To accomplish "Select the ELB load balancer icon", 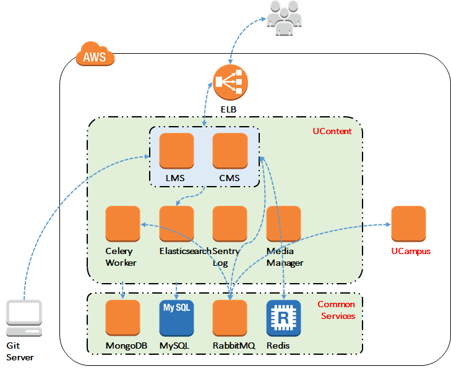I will pyautogui.click(x=230, y=82).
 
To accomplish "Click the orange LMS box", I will pyautogui.click(x=176, y=151).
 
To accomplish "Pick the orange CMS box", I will pyautogui.click(x=230, y=151).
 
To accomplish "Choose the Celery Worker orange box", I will pyautogui.click(x=123, y=224).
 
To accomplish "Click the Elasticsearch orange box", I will pyautogui.click(x=176, y=224).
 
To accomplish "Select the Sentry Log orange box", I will pyautogui.click(x=230, y=224).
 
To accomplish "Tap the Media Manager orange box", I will pyautogui.click(x=283, y=224).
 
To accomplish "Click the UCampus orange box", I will pyautogui.click(x=408, y=224).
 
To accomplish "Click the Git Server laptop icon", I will pyautogui.click(x=24, y=318).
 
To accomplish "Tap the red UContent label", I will pyautogui.click(x=332, y=131).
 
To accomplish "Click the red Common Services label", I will pyautogui.click(x=336, y=310).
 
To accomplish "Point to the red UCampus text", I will pyautogui.click(x=410, y=252).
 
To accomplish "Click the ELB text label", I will pyautogui.click(x=230, y=110).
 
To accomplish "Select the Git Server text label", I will pyautogui.click(x=20, y=352).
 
